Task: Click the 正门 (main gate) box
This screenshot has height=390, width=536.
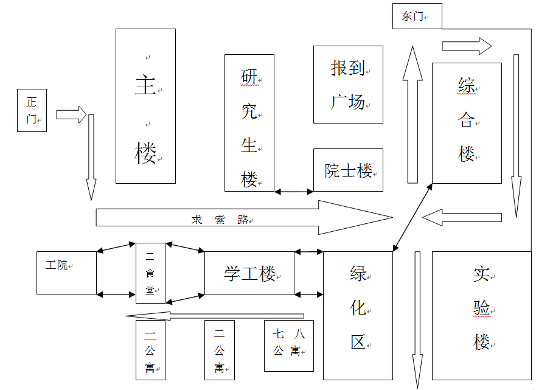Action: tap(32, 110)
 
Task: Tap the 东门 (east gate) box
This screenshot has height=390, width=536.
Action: tap(417, 16)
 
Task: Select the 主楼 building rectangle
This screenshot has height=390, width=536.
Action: tap(145, 106)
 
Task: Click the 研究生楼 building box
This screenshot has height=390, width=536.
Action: tap(249, 123)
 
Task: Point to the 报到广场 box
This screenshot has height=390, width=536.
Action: tap(348, 85)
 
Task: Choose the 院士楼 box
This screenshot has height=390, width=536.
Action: tap(348, 170)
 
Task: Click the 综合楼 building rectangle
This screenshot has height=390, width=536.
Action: tap(467, 123)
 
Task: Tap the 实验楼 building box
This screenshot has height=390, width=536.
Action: tap(482, 316)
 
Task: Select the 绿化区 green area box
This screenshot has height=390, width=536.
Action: tap(358, 316)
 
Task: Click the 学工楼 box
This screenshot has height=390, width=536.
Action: tap(249, 273)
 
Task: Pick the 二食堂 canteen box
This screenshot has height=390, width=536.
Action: tap(150, 273)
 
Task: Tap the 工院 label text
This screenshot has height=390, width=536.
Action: tap(57, 265)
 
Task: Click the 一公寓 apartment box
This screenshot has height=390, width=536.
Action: tap(150, 350)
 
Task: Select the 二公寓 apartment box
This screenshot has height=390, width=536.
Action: tap(220, 350)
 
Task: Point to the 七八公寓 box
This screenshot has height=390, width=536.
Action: tap(289, 346)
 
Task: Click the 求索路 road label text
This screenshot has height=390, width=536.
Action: tap(220, 220)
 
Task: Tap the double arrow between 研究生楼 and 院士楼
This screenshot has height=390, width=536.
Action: tap(294, 192)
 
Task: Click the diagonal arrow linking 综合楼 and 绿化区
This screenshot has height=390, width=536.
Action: tap(412, 217)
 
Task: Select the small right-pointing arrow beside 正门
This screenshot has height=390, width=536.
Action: tap(71, 114)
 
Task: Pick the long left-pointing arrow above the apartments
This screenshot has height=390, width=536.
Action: tap(215, 316)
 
